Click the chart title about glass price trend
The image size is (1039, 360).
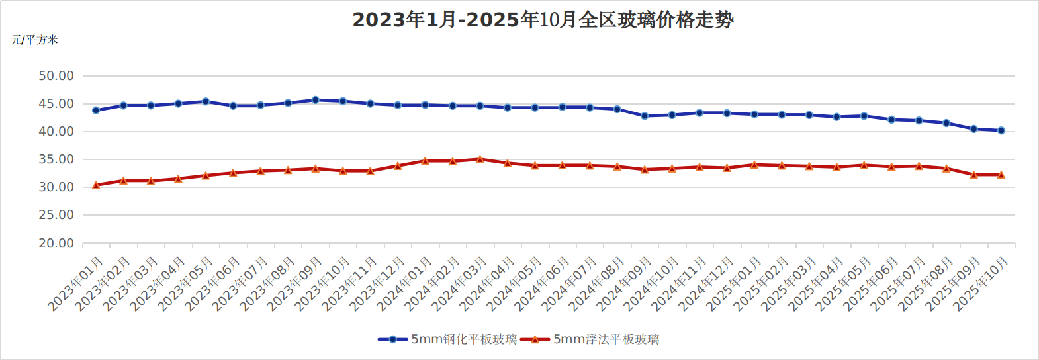tap(543, 20)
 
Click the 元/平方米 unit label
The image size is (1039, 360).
tap(34, 40)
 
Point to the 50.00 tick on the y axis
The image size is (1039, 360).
tap(56, 76)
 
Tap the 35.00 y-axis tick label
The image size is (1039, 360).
tap(56, 159)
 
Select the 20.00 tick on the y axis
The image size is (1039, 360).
tap(56, 244)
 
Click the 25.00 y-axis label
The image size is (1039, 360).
tap(56, 215)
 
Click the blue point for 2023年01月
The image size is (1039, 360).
tap(96, 111)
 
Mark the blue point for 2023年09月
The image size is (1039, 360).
tap(316, 100)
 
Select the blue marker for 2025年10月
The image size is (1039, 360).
tap(1001, 130)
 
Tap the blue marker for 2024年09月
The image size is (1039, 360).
tap(645, 116)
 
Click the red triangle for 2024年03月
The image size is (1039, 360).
tap(480, 159)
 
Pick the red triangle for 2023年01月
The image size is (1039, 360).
tap(96, 185)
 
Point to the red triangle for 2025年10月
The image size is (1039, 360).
tap(1001, 175)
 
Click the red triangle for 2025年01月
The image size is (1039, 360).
tap(754, 165)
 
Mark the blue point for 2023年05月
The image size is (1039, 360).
tap(206, 101)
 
